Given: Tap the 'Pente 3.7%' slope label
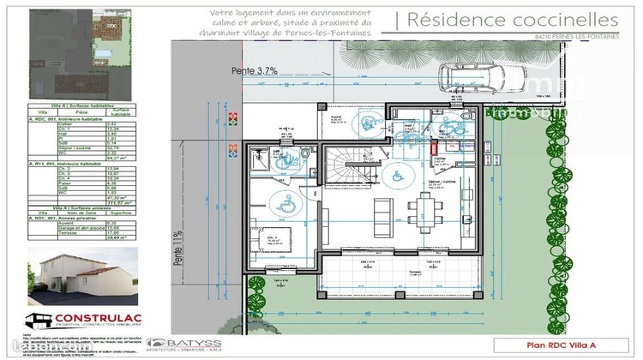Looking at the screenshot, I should [254, 72].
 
